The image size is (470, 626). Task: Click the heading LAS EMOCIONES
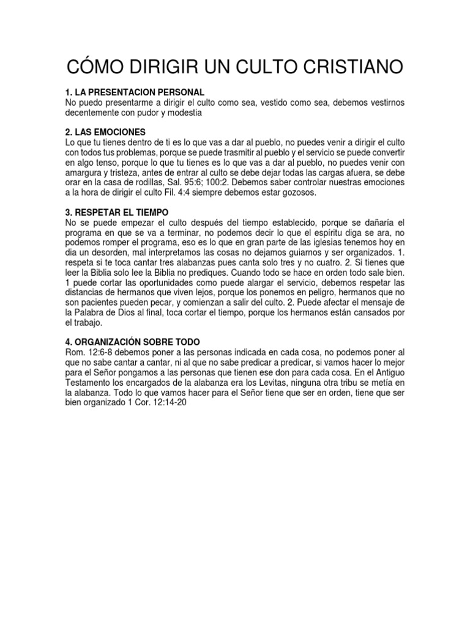click(106, 131)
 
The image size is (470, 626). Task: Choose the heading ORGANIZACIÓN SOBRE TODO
click(137, 341)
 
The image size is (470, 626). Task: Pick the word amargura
click(85, 172)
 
